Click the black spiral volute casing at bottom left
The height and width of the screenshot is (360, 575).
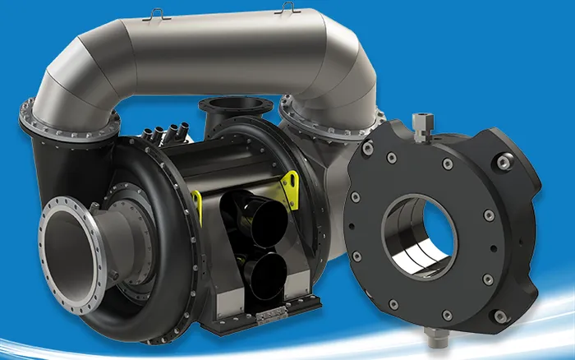coord(140,304)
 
